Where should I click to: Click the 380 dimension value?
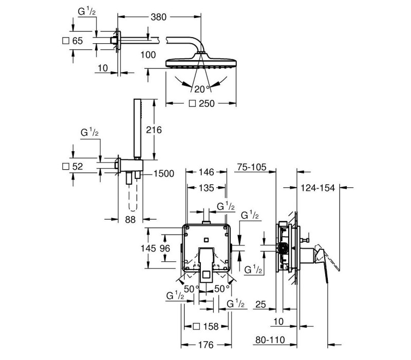159,17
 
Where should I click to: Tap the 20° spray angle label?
202,89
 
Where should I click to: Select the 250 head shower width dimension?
207,103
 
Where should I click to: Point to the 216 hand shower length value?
154,130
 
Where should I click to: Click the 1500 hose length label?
164,173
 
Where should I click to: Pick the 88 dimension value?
130,220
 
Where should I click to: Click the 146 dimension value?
207,172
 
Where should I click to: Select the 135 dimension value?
207,188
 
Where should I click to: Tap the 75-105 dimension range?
252,167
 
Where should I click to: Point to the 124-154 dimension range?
317,188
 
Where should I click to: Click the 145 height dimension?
148,248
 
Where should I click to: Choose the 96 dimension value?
164,248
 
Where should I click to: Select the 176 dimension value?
206,345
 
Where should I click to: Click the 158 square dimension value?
211,327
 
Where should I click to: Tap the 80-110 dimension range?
270,340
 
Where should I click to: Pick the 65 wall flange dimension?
78,41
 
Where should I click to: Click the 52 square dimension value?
78,166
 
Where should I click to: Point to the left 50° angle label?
192,289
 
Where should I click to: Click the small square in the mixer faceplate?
207,240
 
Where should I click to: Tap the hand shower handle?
137,128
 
